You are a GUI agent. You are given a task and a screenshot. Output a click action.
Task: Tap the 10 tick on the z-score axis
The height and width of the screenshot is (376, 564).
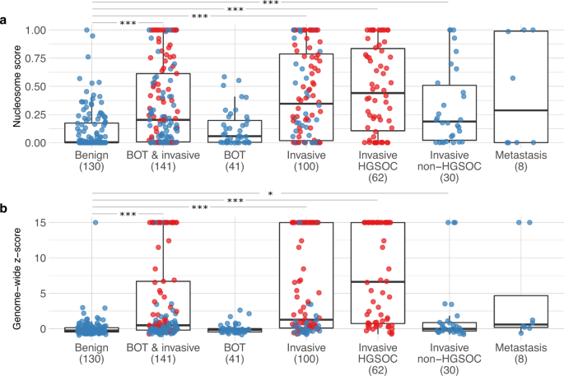(x=42, y=258)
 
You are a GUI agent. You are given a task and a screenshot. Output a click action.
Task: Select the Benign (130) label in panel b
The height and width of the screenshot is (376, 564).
(x=91, y=353)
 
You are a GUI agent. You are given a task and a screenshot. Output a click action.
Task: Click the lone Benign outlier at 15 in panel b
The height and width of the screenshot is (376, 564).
(x=96, y=222)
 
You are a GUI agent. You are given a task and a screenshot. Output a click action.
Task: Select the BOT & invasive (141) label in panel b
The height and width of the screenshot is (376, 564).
(x=163, y=353)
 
